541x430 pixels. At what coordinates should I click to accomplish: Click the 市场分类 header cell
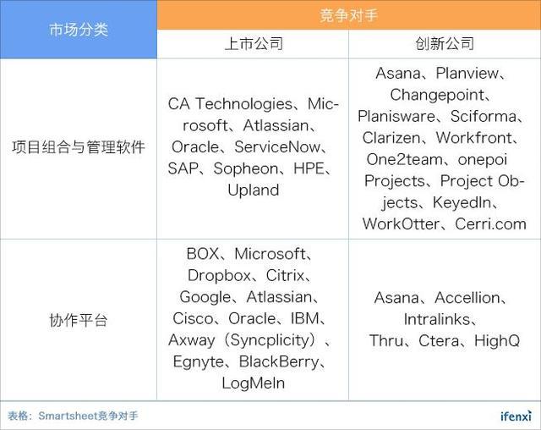tap(79, 30)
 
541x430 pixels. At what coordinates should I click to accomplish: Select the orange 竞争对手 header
tap(349, 15)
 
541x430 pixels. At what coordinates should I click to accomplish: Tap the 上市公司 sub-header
tap(254, 44)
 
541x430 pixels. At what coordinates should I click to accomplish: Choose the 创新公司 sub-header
tap(445, 44)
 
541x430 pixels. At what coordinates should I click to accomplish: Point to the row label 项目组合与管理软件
tap(79, 147)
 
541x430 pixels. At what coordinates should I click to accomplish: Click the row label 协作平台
tap(79, 320)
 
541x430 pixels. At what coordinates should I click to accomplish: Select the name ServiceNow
tap(277, 146)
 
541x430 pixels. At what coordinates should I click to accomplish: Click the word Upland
tap(254, 190)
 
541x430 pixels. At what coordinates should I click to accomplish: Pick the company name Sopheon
tap(246, 169)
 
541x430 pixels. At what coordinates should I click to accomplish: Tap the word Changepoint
tap(437, 96)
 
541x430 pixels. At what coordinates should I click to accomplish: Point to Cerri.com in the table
tap(490, 224)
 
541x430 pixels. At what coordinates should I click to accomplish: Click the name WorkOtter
tap(401, 224)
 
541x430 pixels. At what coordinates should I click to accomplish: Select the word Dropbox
tap(219, 276)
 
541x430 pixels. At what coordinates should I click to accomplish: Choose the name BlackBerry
tap(279, 362)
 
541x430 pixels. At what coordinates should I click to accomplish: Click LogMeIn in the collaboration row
tap(254, 383)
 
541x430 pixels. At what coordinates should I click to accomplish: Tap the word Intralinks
tap(437, 319)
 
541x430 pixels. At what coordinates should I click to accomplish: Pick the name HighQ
tap(497, 341)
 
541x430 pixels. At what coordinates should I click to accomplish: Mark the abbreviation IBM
tap(305, 318)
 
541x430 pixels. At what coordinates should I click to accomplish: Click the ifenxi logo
tap(516, 416)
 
